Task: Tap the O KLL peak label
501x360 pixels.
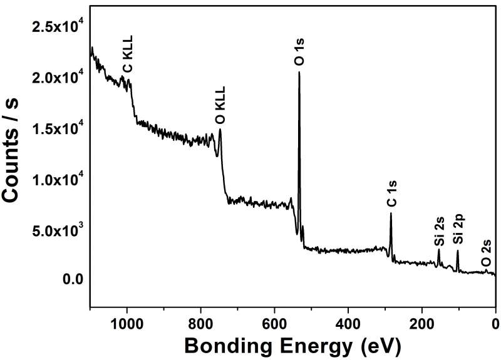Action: click(x=220, y=106)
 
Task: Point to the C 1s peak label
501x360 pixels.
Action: click(x=391, y=194)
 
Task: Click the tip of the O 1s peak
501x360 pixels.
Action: click(x=299, y=72)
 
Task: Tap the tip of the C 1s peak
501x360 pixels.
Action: click(x=391, y=213)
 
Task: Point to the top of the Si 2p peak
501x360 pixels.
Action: click(x=457, y=251)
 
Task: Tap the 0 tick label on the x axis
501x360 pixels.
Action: click(x=495, y=324)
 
